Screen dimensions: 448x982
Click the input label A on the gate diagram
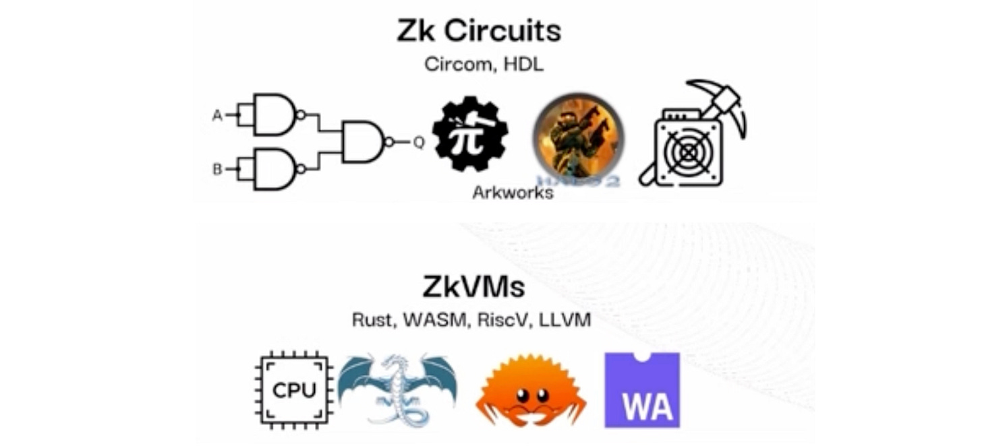[217, 116]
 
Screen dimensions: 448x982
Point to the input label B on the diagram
[217, 169]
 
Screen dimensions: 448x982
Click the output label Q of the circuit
[419, 142]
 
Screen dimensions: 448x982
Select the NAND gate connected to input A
[274, 115]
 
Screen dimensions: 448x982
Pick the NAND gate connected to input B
[274, 169]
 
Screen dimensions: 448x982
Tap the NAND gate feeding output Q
[363, 142]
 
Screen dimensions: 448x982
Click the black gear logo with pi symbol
[470, 134]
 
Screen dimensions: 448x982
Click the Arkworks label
[513, 193]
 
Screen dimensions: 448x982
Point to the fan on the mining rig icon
[687, 153]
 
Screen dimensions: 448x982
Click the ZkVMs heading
[473, 287]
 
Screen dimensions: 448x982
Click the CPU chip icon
[294, 390]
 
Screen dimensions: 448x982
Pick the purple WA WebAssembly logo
[641, 390]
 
